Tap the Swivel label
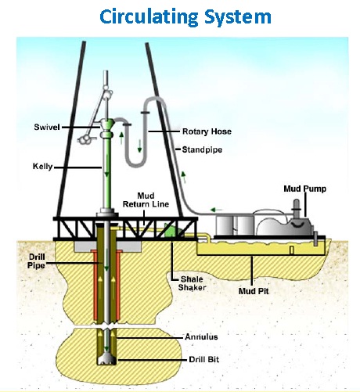(47, 128)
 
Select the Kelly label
(42, 167)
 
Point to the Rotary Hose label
(207, 131)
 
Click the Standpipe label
(202, 149)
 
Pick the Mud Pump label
(305, 189)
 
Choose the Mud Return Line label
(146, 200)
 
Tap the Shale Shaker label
(192, 283)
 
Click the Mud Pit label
(254, 291)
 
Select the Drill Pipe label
(36, 261)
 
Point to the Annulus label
(201, 337)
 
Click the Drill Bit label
(204, 360)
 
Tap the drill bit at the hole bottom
(106, 359)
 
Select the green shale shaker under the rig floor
(172, 230)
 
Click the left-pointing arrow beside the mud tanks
(216, 210)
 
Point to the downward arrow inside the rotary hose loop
(140, 146)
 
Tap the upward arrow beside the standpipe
(184, 177)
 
